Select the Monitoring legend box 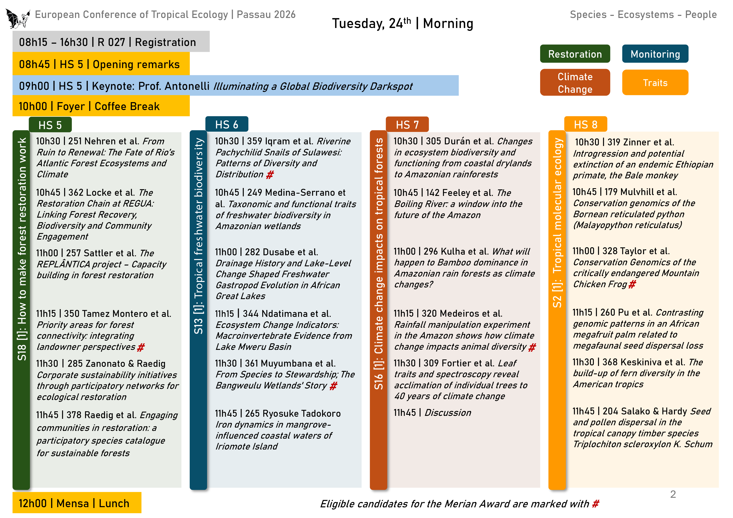point(655,54)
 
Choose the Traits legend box point(655,83)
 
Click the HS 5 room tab point(50,125)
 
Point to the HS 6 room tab point(227,124)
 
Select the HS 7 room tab point(407,124)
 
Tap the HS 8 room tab point(585,124)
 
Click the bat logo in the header point(18,18)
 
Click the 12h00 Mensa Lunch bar point(77,503)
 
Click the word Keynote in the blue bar point(112,86)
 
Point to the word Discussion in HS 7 point(448,413)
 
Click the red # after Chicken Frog point(632,284)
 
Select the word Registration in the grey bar point(165,42)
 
